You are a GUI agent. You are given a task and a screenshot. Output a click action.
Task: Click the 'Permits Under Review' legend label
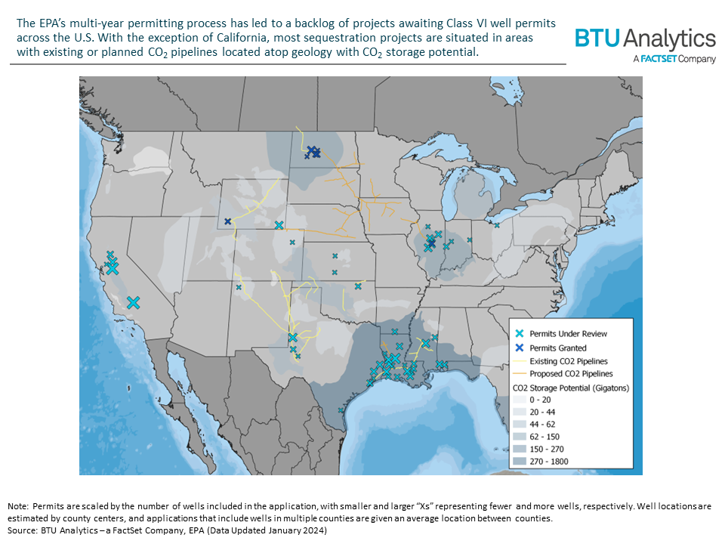568,333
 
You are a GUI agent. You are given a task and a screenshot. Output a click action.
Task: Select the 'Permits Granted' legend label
557,348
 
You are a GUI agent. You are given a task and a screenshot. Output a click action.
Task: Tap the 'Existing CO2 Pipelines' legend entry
569,361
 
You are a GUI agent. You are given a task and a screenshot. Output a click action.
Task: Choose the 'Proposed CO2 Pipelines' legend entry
571,373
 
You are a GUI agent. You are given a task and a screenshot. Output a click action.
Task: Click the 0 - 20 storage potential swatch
520,400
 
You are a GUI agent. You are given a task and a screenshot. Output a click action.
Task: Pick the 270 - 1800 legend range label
550,461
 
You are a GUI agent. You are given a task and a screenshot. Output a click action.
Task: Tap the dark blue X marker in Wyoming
228,221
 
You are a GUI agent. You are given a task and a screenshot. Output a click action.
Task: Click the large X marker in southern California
133,302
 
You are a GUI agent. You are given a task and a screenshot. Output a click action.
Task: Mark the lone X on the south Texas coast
341,410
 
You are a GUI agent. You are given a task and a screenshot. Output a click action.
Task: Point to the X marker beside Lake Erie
497,224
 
